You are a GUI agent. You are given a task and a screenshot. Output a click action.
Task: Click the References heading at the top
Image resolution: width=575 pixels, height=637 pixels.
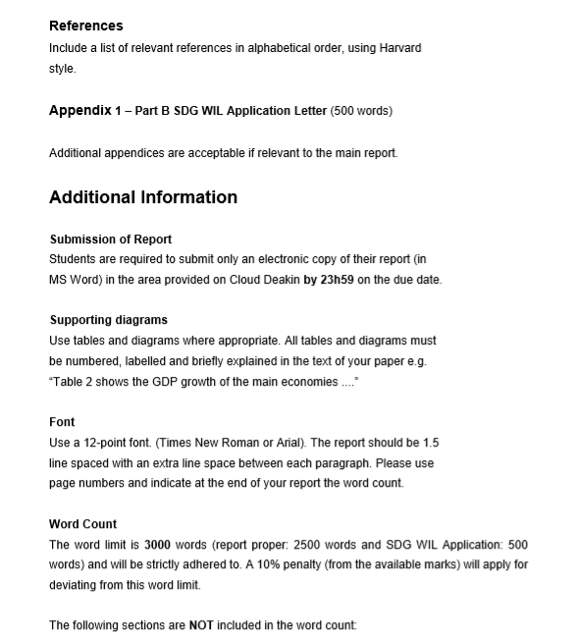(86, 26)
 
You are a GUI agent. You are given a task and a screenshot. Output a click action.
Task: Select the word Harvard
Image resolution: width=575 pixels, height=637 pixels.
(400, 48)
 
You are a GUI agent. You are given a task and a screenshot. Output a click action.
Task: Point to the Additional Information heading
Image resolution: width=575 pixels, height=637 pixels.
(143, 197)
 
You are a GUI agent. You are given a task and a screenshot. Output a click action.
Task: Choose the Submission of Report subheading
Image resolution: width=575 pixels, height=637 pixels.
(111, 239)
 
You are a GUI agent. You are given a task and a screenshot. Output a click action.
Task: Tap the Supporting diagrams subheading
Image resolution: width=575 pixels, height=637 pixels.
(108, 320)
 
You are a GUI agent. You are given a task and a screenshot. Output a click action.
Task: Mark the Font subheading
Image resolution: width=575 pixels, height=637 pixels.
(62, 422)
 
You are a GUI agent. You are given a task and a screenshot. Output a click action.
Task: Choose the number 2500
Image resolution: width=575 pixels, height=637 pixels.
(323, 545)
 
